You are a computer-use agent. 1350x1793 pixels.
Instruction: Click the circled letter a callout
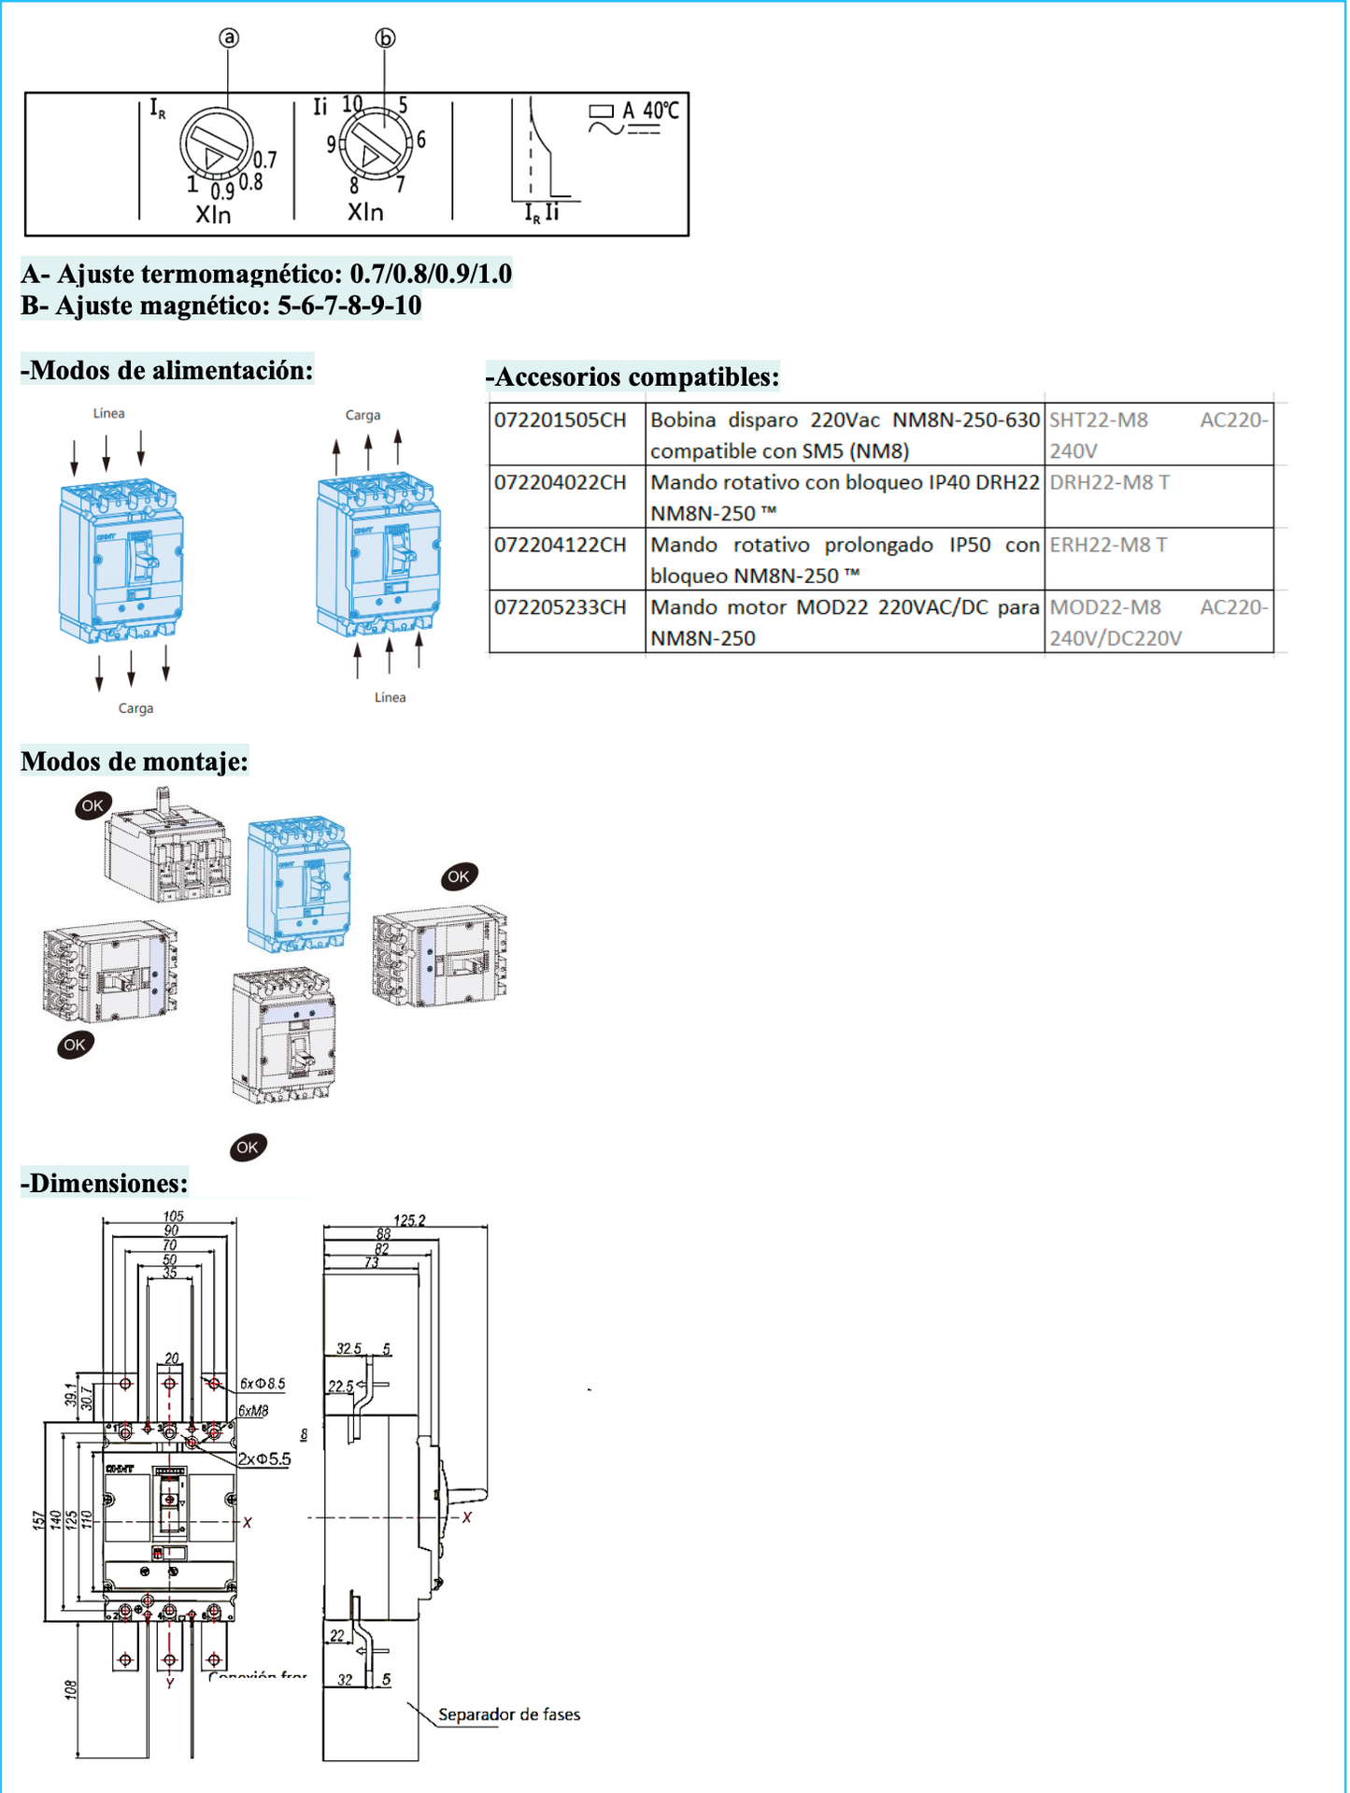click(229, 37)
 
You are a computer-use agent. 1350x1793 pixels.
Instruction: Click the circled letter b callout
click(385, 37)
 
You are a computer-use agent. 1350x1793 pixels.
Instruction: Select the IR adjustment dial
click(216, 145)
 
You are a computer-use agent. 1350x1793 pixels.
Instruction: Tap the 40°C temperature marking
click(661, 111)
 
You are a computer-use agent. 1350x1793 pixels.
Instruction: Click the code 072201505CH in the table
click(560, 420)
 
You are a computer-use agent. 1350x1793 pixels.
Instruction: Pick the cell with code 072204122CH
click(560, 545)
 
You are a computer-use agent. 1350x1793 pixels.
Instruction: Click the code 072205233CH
click(560, 607)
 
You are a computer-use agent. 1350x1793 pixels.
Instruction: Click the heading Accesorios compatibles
click(632, 377)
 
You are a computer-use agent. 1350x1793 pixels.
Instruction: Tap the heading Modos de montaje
click(135, 761)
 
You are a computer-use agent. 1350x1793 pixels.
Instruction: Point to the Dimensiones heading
click(105, 1183)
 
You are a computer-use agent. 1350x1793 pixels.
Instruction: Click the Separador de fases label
click(509, 1715)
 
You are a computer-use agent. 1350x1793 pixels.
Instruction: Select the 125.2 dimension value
click(409, 1220)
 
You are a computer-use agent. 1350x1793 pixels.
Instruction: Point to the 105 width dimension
click(173, 1216)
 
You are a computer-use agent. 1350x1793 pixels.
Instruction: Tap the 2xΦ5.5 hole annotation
click(264, 1459)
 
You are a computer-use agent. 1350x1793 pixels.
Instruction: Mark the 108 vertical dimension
click(70, 1690)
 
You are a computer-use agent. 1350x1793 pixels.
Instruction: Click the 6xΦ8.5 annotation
click(263, 1384)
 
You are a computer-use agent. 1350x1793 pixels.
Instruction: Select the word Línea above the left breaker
click(108, 413)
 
